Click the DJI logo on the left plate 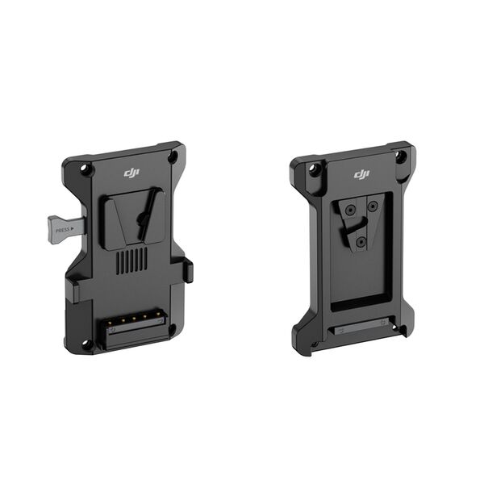(131, 173)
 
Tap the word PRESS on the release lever (61, 230)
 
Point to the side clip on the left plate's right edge (189, 270)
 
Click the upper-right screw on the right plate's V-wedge (372, 207)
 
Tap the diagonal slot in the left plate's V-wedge (145, 222)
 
